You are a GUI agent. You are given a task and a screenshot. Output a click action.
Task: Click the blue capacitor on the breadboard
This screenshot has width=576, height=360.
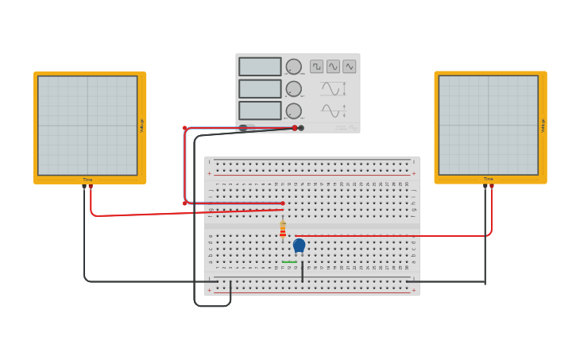[299, 246]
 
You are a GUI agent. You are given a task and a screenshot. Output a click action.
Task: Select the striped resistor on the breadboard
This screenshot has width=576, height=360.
[283, 230]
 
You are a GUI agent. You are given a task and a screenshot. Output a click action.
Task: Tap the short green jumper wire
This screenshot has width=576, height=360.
[289, 262]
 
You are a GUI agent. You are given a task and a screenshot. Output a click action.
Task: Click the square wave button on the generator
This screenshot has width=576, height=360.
[317, 66]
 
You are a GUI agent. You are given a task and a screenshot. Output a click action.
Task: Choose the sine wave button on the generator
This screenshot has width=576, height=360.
[333, 66]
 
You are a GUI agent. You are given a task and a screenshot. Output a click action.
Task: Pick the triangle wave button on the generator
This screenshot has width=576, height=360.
[349, 66]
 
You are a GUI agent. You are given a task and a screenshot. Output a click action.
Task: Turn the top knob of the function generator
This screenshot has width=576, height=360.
[294, 67]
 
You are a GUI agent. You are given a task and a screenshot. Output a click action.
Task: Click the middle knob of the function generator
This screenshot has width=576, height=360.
[294, 89]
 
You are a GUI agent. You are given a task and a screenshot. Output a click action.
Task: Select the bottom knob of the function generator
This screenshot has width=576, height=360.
[294, 110]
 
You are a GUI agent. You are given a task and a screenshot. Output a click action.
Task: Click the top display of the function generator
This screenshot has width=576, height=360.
[260, 67]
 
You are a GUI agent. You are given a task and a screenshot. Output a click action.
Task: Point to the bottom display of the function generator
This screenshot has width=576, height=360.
[260, 110]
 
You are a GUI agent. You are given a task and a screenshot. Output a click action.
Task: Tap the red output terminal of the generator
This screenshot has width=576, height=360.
[295, 128]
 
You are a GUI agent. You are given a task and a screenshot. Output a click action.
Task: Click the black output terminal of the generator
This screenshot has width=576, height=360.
[301, 128]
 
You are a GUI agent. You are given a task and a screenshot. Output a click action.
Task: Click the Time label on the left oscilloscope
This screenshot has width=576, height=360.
[87, 180]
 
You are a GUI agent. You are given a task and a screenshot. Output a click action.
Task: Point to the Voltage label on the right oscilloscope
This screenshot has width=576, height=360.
[543, 126]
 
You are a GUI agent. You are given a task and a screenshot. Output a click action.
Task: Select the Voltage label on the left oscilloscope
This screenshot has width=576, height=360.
[142, 126]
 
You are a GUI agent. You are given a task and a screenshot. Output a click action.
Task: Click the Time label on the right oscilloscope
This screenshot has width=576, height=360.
[488, 180]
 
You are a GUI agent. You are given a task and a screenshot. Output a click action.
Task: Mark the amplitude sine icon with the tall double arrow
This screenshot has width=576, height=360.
[333, 89]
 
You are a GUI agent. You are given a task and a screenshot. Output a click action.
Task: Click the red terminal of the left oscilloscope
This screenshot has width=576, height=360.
[91, 186]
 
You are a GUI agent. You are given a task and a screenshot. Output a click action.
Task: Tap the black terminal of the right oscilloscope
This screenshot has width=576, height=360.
[485, 186]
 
